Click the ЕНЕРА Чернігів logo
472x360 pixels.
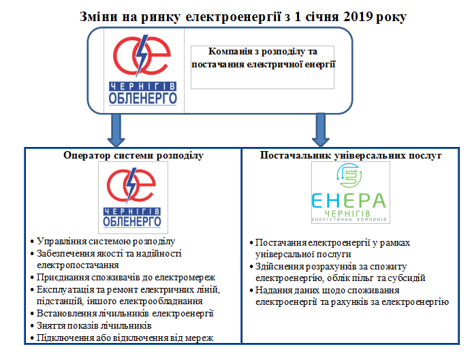(348, 196)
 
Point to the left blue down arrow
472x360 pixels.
(116, 129)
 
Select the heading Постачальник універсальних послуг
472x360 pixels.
(351, 156)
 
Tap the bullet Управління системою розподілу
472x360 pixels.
(106, 241)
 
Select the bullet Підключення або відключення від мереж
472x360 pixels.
(121, 338)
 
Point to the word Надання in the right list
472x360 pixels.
(274, 290)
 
